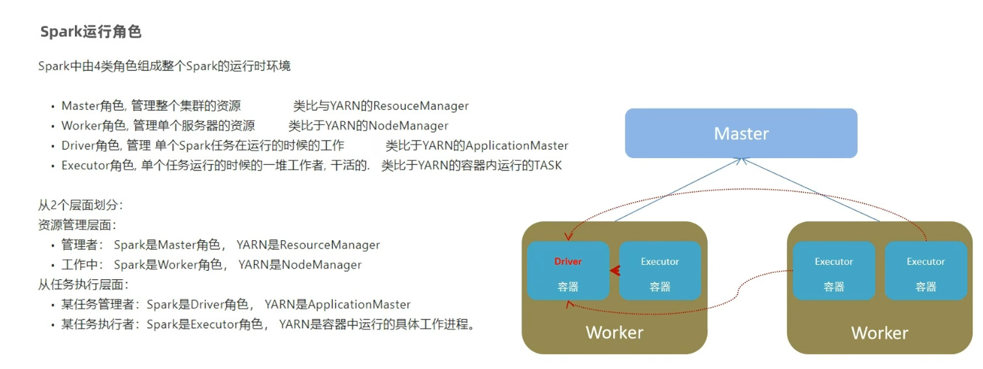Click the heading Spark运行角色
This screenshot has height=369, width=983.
click(90, 32)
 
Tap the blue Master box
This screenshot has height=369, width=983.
click(741, 133)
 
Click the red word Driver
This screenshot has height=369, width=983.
click(568, 262)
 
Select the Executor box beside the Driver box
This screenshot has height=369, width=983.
click(659, 271)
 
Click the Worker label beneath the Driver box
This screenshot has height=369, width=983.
click(614, 333)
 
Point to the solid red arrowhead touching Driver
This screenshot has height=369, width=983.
click(613, 271)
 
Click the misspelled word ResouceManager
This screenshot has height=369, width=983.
click(421, 106)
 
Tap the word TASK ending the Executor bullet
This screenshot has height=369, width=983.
click(547, 166)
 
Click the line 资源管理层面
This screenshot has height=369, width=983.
click(77, 225)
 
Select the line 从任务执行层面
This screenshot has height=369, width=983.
click(83, 284)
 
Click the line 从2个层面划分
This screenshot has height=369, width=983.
click(80, 205)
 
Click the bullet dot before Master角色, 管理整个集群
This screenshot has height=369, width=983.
click(53, 107)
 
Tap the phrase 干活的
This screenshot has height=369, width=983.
click(350, 166)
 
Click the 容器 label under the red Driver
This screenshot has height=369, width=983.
click(568, 286)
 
